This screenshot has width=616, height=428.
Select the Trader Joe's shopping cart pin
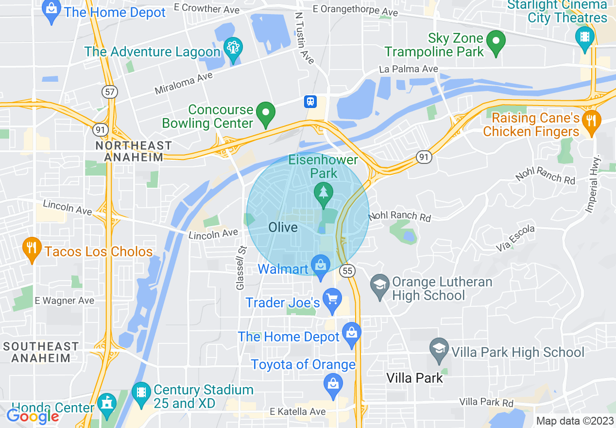click(x=332, y=300)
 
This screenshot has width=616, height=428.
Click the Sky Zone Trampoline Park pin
click(x=496, y=42)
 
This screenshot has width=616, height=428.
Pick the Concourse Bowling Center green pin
click(x=266, y=113)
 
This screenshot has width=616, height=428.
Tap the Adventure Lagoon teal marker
click(x=233, y=49)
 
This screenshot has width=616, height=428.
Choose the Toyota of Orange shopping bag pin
click(x=333, y=385)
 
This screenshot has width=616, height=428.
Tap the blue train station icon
click(x=310, y=101)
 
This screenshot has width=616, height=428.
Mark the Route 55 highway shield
click(x=347, y=271)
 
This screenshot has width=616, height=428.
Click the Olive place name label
click(x=283, y=228)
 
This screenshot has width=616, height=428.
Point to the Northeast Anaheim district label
click(x=133, y=151)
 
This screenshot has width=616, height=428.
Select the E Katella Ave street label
click(x=297, y=412)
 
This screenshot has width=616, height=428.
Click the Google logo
click(x=33, y=416)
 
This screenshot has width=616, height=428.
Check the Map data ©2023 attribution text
click(x=574, y=421)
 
